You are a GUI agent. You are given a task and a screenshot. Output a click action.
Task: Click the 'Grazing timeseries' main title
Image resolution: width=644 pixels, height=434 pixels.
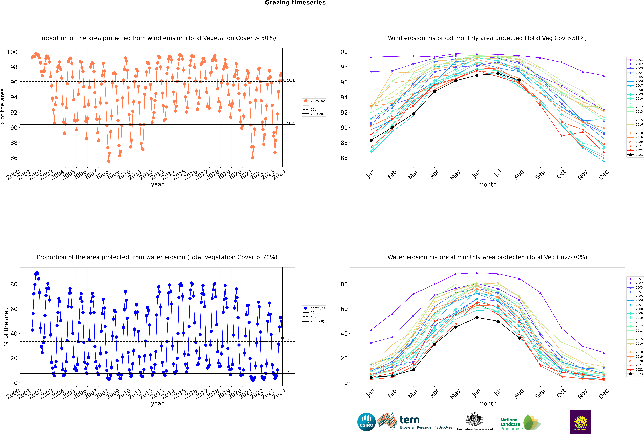pos(295,3)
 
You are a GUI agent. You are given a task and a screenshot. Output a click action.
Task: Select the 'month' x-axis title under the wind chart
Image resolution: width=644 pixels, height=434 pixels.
pos(487,185)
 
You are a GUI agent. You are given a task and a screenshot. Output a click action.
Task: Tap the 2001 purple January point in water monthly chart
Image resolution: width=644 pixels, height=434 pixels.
pos(371,330)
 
